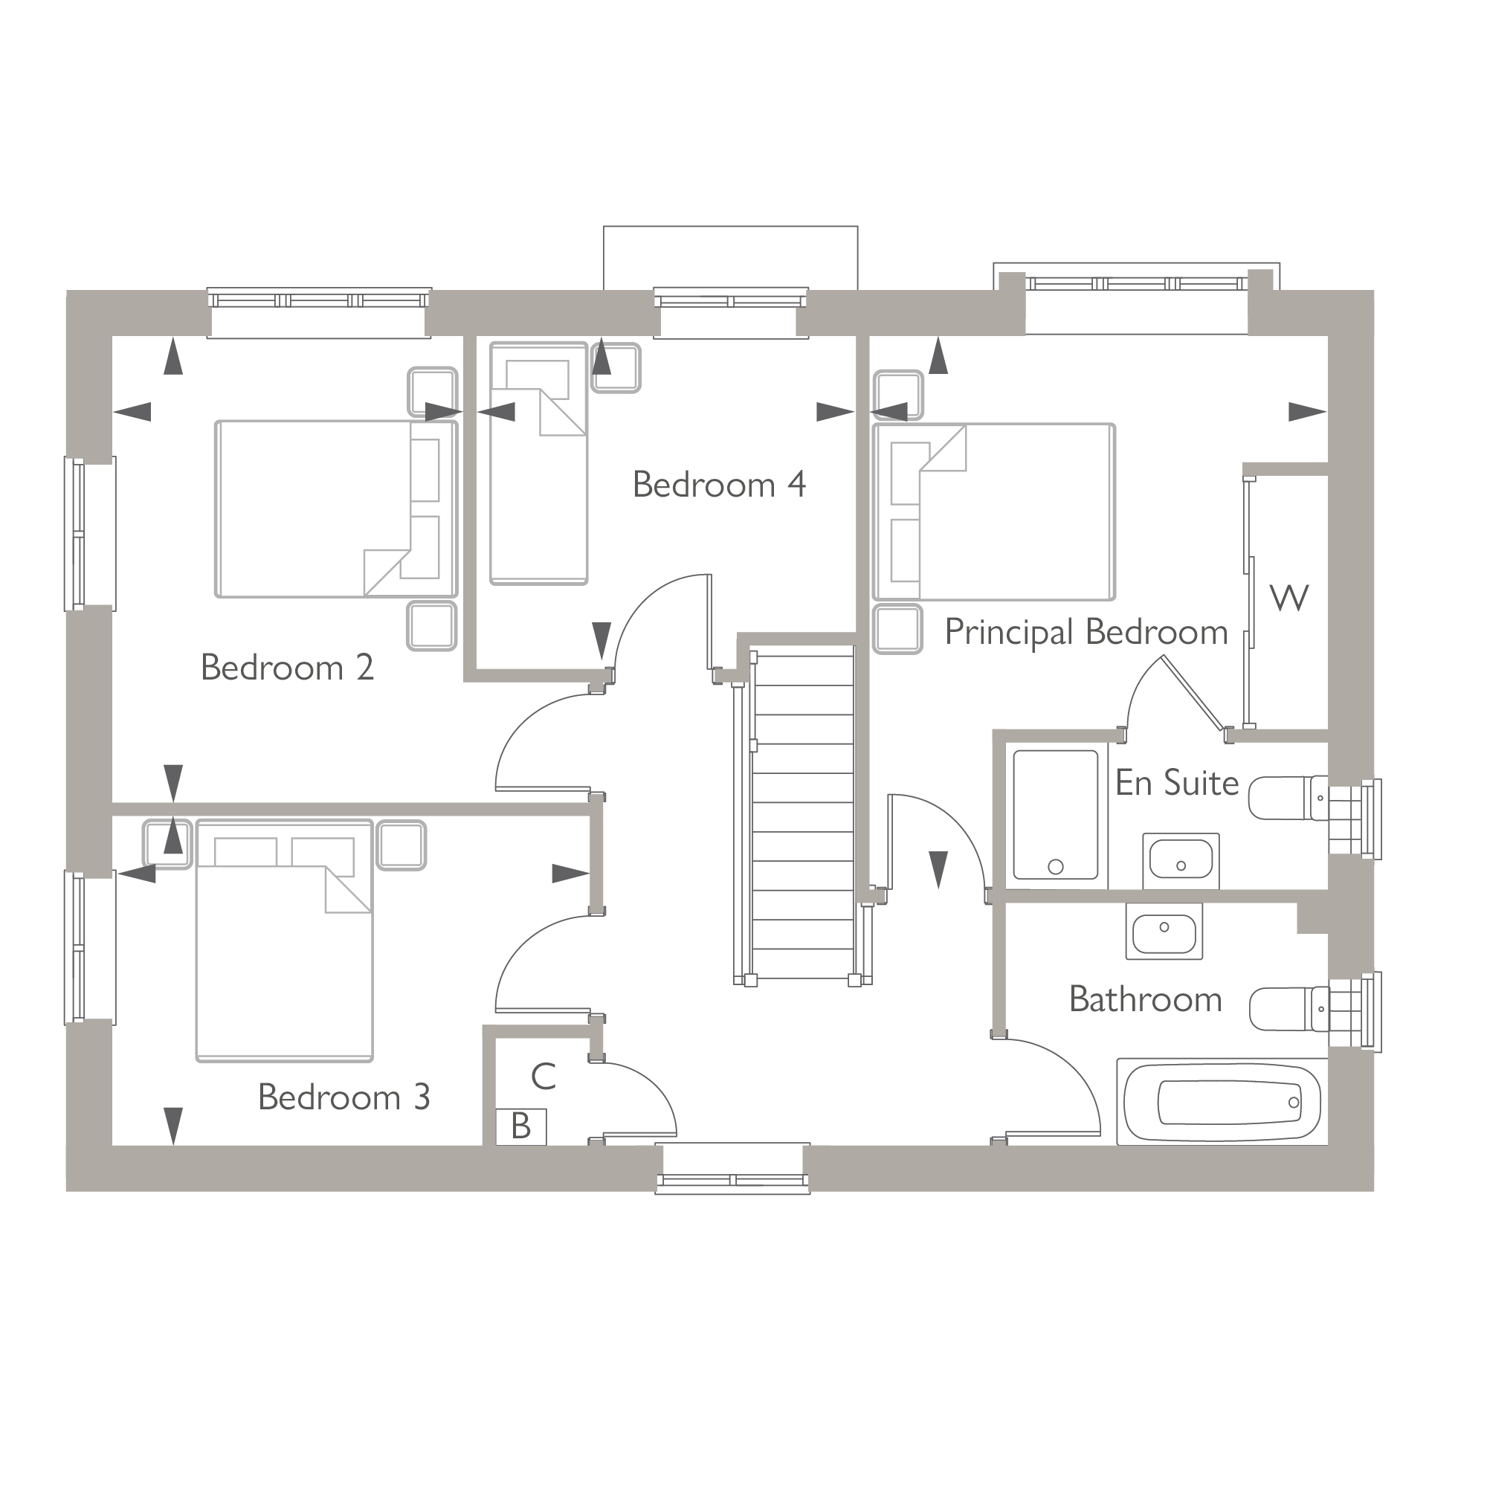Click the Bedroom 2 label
pyautogui.click(x=287, y=668)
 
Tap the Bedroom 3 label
pyautogui.click(x=343, y=1097)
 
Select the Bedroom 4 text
pyautogui.click(x=719, y=485)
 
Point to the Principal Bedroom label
pyautogui.click(x=1086, y=633)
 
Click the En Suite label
pyautogui.click(x=1176, y=784)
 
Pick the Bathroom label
pyautogui.click(x=1145, y=1000)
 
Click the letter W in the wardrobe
pyautogui.click(x=1288, y=598)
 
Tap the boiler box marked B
pyautogui.click(x=521, y=1127)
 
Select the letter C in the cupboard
pyautogui.click(x=543, y=1077)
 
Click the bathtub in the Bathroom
pyautogui.click(x=1222, y=1102)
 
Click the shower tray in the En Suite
pyautogui.click(x=1055, y=814)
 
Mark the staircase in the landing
pyautogui.click(x=803, y=816)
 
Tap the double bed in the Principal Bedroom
pyautogui.click(x=994, y=512)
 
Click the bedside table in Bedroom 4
pyautogui.click(x=616, y=368)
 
